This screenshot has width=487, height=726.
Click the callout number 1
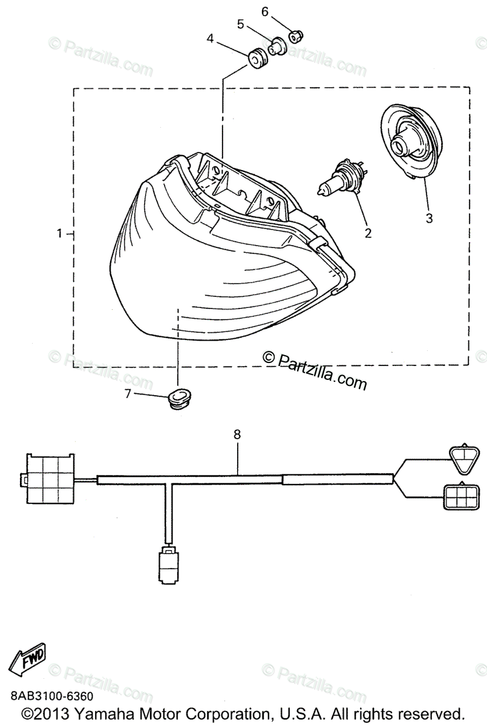coord(59,234)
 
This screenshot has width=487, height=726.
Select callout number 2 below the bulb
coord(367,231)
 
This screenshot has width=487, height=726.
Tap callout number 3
coord(429,218)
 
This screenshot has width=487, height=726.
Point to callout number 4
coord(210,39)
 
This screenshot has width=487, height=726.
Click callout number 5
coord(240,24)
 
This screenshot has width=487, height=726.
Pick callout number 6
coord(264,11)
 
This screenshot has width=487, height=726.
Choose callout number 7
coord(128,394)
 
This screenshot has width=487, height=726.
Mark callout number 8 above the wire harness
coord(237,434)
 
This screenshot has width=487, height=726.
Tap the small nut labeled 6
coord(295,36)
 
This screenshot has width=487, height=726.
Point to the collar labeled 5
coord(278,46)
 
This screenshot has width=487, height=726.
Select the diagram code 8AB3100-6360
coord(51,696)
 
